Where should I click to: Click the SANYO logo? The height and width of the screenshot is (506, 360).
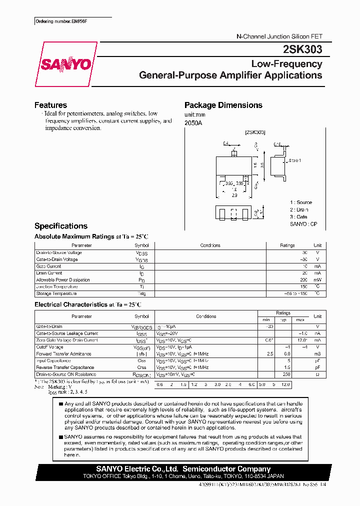[x=65, y=65]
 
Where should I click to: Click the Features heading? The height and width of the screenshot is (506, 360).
[x=50, y=105]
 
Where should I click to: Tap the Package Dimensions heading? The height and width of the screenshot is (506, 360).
[x=223, y=105]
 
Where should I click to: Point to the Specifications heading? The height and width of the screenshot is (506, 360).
[x=60, y=226]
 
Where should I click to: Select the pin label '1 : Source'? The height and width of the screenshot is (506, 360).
[x=301, y=202]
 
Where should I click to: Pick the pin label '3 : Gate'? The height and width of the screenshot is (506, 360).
[x=299, y=217]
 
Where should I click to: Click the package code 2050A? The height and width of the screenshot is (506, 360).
[x=193, y=122]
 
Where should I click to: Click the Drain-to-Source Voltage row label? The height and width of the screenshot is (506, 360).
[x=59, y=252]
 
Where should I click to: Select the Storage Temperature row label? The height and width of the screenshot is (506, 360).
[x=55, y=293]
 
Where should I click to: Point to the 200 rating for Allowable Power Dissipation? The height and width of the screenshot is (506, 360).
[x=304, y=280]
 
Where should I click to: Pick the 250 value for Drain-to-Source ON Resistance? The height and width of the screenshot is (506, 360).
[x=286, y=374]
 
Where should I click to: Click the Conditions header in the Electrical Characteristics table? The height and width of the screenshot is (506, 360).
[x=206, y=316]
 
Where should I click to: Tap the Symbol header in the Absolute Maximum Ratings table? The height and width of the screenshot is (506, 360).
[x=141, y=245]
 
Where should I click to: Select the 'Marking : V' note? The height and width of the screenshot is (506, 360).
[x=60, y=387]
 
